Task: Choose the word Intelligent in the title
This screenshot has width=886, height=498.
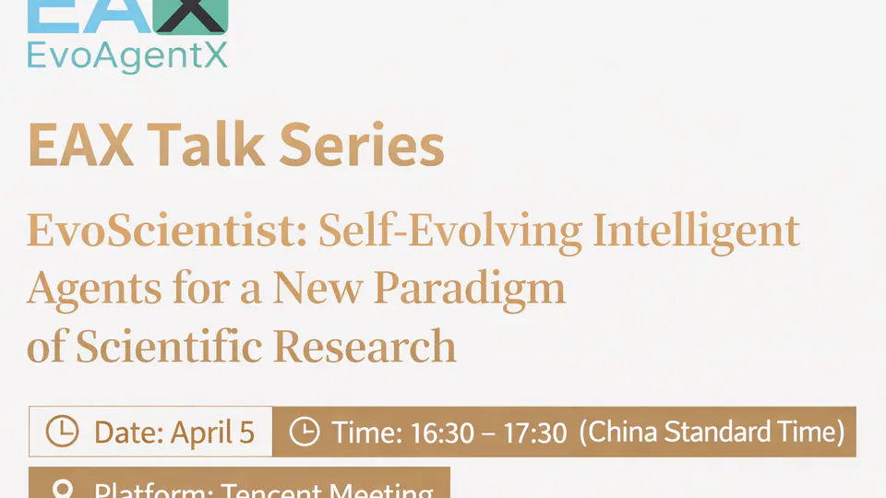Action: pyautogui.click(x=695, y=231)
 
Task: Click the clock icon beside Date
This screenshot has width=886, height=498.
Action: pyautogui.click(x=63, y=432)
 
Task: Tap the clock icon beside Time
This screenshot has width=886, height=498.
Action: pyautogui.click(x=305, y=432)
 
